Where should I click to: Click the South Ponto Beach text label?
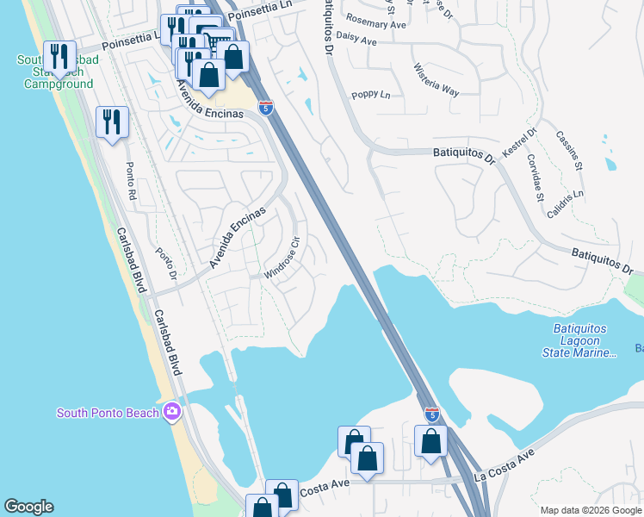(x=108, y=413)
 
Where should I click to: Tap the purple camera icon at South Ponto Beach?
(x=172, y=412)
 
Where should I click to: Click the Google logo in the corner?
(x=28, y=507)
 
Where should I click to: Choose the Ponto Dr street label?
(x=165, y=263)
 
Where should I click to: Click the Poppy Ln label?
(x=372, y=95)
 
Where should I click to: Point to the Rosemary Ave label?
(x=375, y=24)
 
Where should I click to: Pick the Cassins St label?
(x=570, y=150)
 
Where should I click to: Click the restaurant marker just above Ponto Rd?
(x=113, y=122)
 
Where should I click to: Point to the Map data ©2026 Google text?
(x=590, y=510)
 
